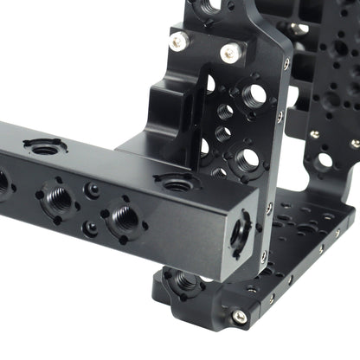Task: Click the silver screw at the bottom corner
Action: click(x=240, y=317)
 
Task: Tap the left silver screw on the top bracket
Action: click(x=178, y=41)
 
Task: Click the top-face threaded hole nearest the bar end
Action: click(x=177, y=183)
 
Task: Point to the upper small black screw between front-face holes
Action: click(x=91, y=189)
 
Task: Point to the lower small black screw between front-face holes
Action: click(x=90, y=228)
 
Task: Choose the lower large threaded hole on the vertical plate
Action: click(x=247, y=159)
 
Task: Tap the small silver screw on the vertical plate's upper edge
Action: click(x=286, y=64)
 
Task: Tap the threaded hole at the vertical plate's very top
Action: click(x=210, y=7)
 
